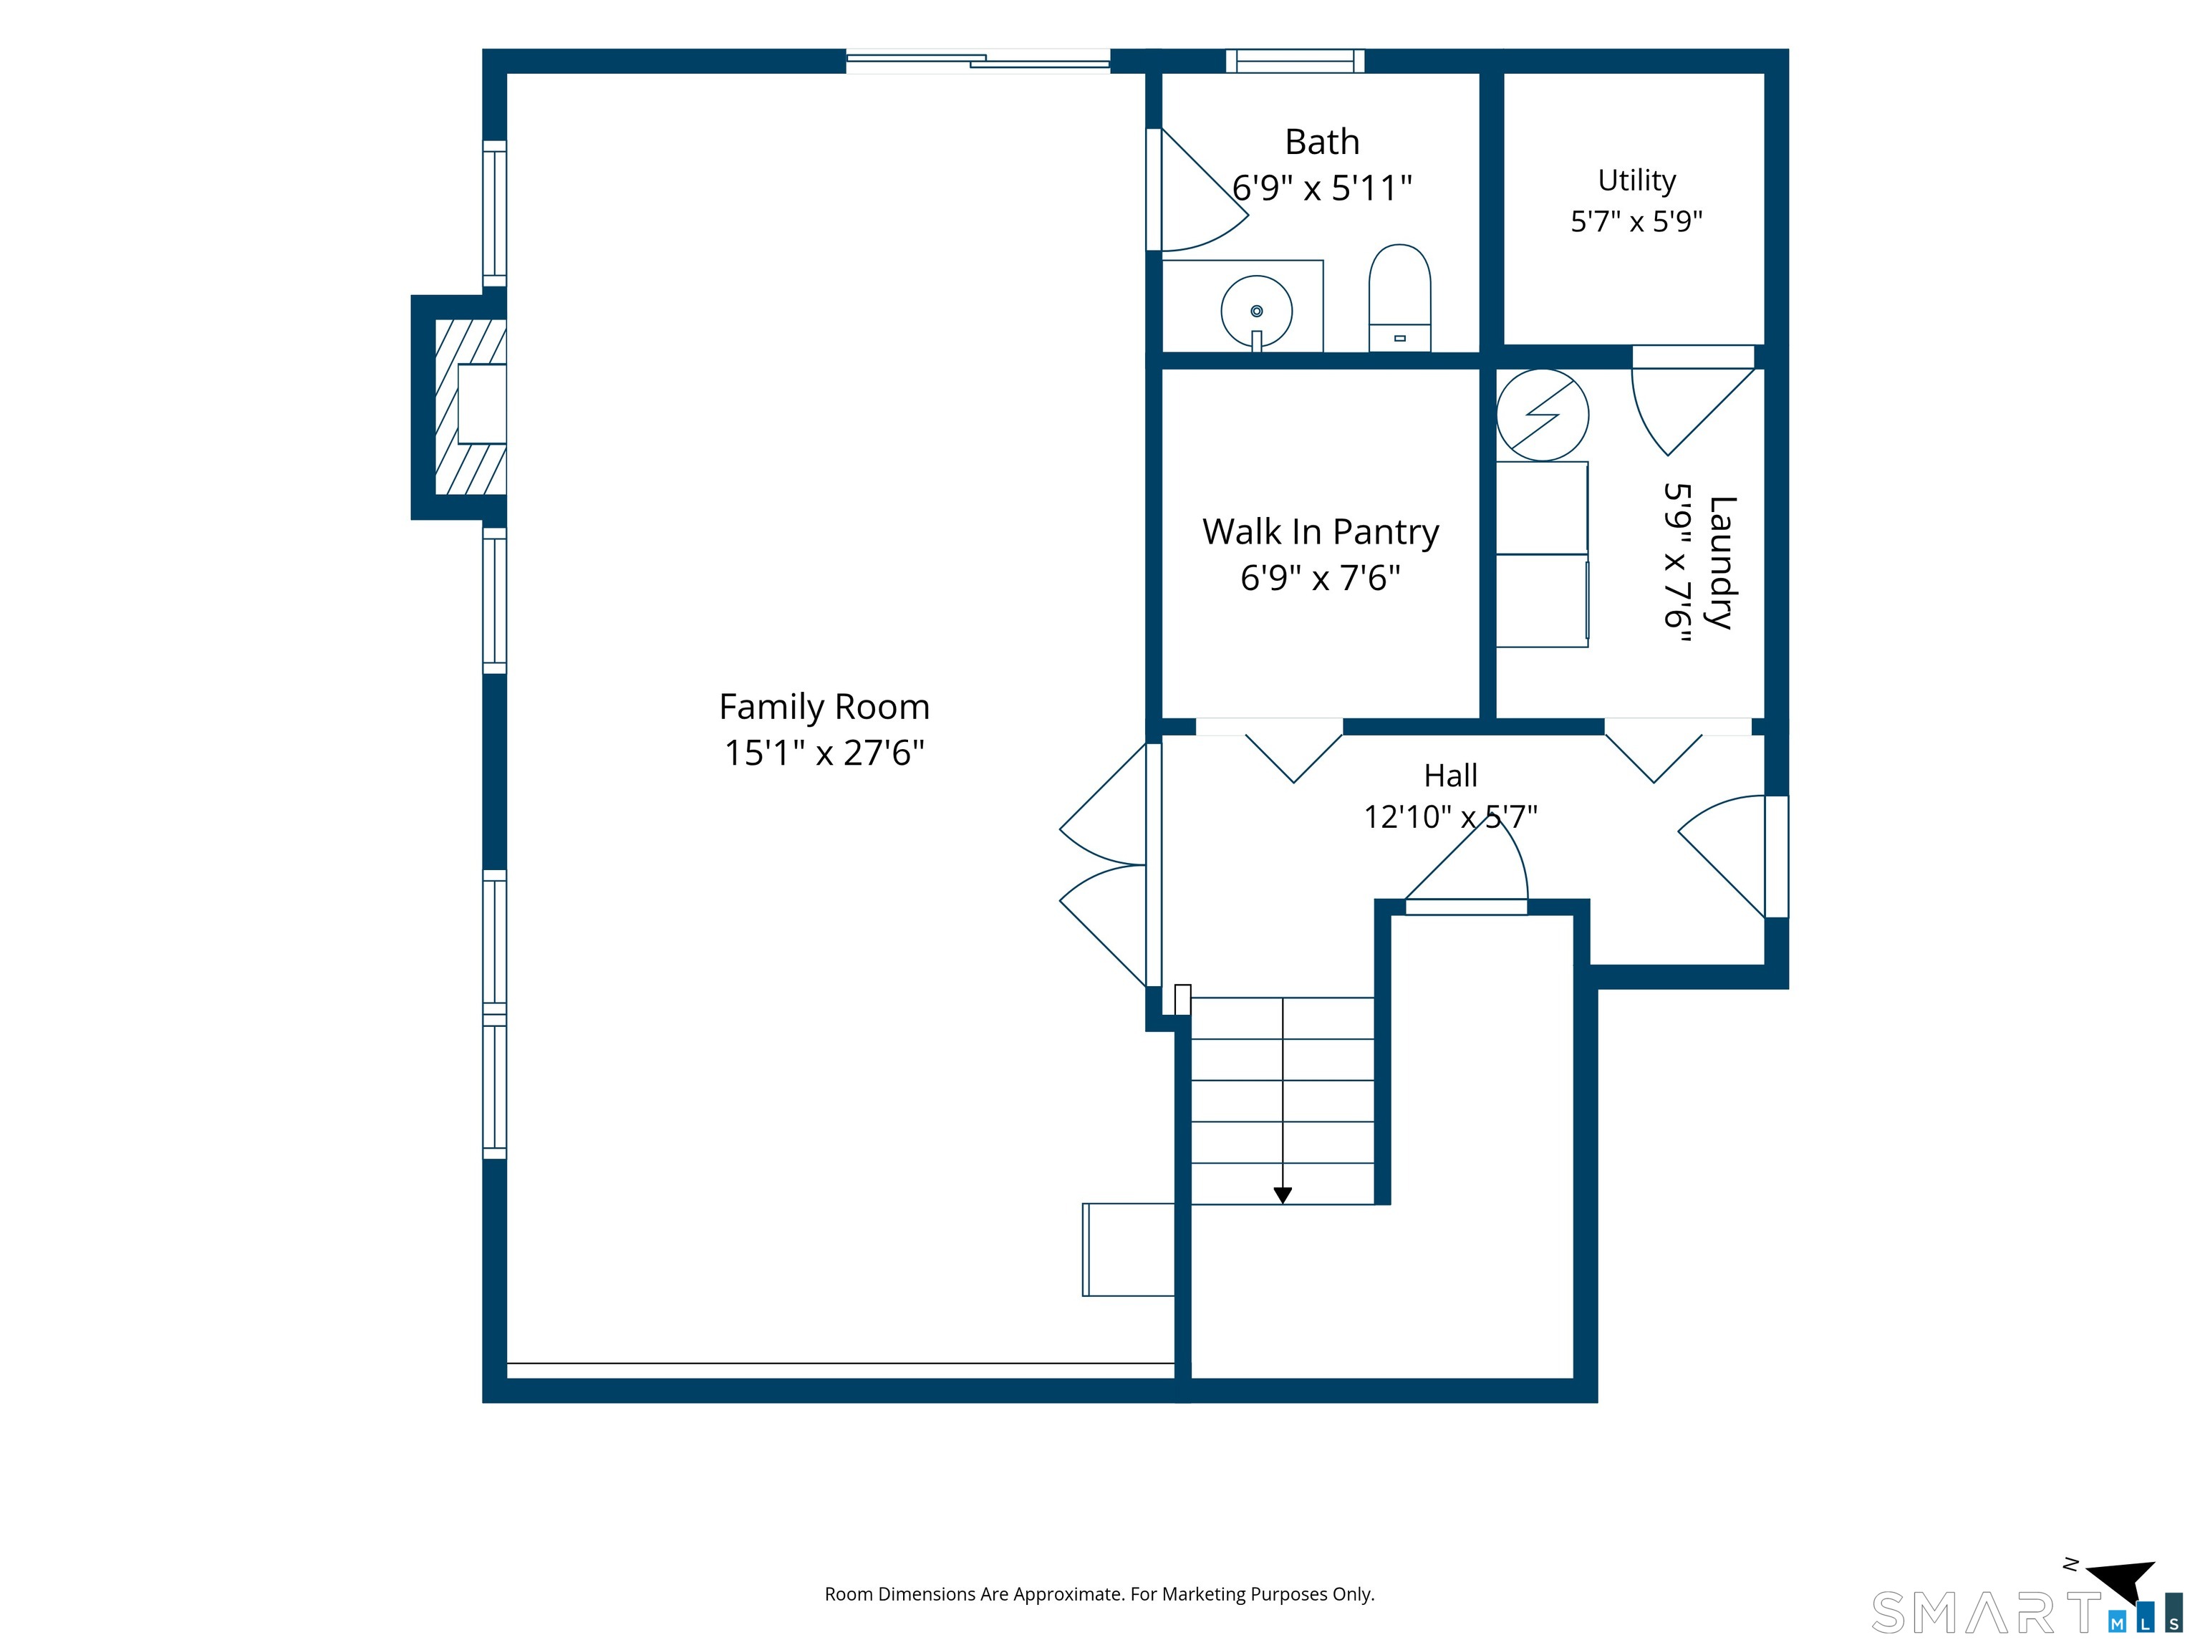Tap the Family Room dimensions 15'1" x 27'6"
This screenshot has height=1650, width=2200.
[x=824, y=753]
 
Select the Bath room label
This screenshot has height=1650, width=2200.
[x=1322, y=143]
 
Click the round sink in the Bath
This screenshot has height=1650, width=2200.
[x=1257, y=312]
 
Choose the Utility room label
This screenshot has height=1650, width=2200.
[x=1636, y=181]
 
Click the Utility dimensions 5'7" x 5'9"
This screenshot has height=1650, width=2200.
[x=1636, y=221]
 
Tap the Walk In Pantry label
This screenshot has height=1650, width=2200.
[x=1321, y=532]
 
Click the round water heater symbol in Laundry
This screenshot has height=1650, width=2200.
[x=1543, y=415]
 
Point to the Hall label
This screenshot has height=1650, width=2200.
[x=1450, y=776]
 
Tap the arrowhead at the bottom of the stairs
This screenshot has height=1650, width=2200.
[x=1283, y=1195]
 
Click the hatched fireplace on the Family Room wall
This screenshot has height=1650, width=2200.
[x=471, y=407]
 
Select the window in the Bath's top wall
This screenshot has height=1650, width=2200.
[x=1295, y=61]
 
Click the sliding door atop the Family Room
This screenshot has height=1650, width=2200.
[x=978, y=61]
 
